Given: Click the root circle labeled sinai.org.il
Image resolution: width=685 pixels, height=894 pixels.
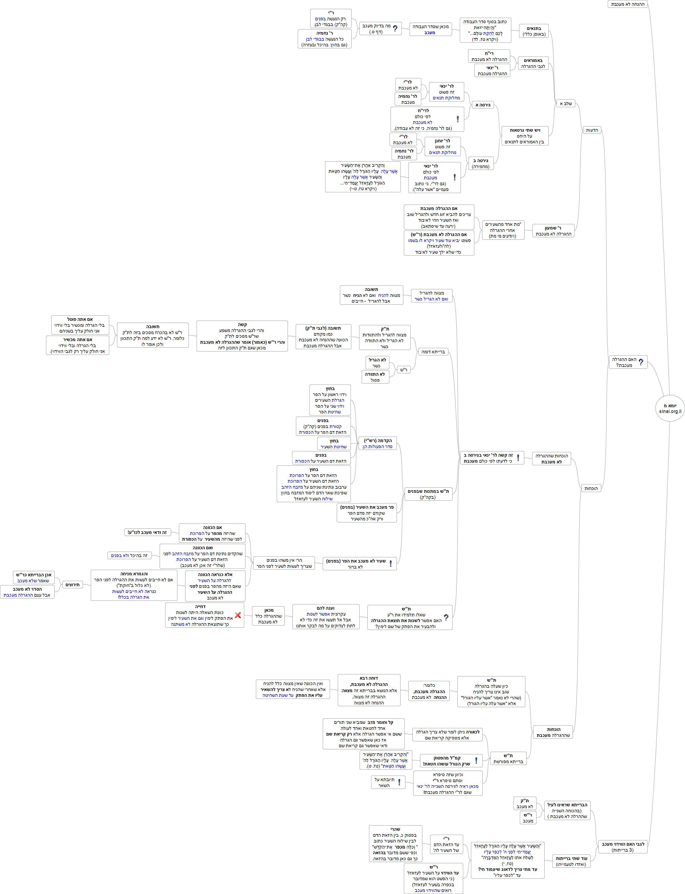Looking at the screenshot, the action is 669,408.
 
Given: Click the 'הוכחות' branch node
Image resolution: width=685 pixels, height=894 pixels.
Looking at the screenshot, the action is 591,488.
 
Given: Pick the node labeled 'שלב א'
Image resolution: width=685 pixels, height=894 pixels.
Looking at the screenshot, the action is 566,104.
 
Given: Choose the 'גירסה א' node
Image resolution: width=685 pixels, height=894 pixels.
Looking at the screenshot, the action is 483,105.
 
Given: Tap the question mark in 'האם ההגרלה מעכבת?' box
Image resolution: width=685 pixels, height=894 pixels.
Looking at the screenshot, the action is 641,362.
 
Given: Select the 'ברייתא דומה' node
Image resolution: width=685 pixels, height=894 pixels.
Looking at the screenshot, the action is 433,352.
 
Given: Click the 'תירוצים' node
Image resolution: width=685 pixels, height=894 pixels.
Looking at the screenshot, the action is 73,584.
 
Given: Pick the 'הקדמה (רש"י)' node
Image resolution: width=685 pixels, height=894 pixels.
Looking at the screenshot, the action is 378,443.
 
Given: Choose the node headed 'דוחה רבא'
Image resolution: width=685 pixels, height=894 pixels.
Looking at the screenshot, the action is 369,690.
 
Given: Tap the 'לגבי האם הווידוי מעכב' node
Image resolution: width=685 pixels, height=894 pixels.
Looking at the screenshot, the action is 623,847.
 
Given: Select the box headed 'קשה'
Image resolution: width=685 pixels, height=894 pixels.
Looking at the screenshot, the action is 242,336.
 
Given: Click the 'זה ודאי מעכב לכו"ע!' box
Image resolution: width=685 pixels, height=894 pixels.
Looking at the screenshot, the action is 147,532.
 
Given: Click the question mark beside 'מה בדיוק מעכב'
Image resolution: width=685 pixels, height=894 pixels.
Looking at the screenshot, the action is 395,29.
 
